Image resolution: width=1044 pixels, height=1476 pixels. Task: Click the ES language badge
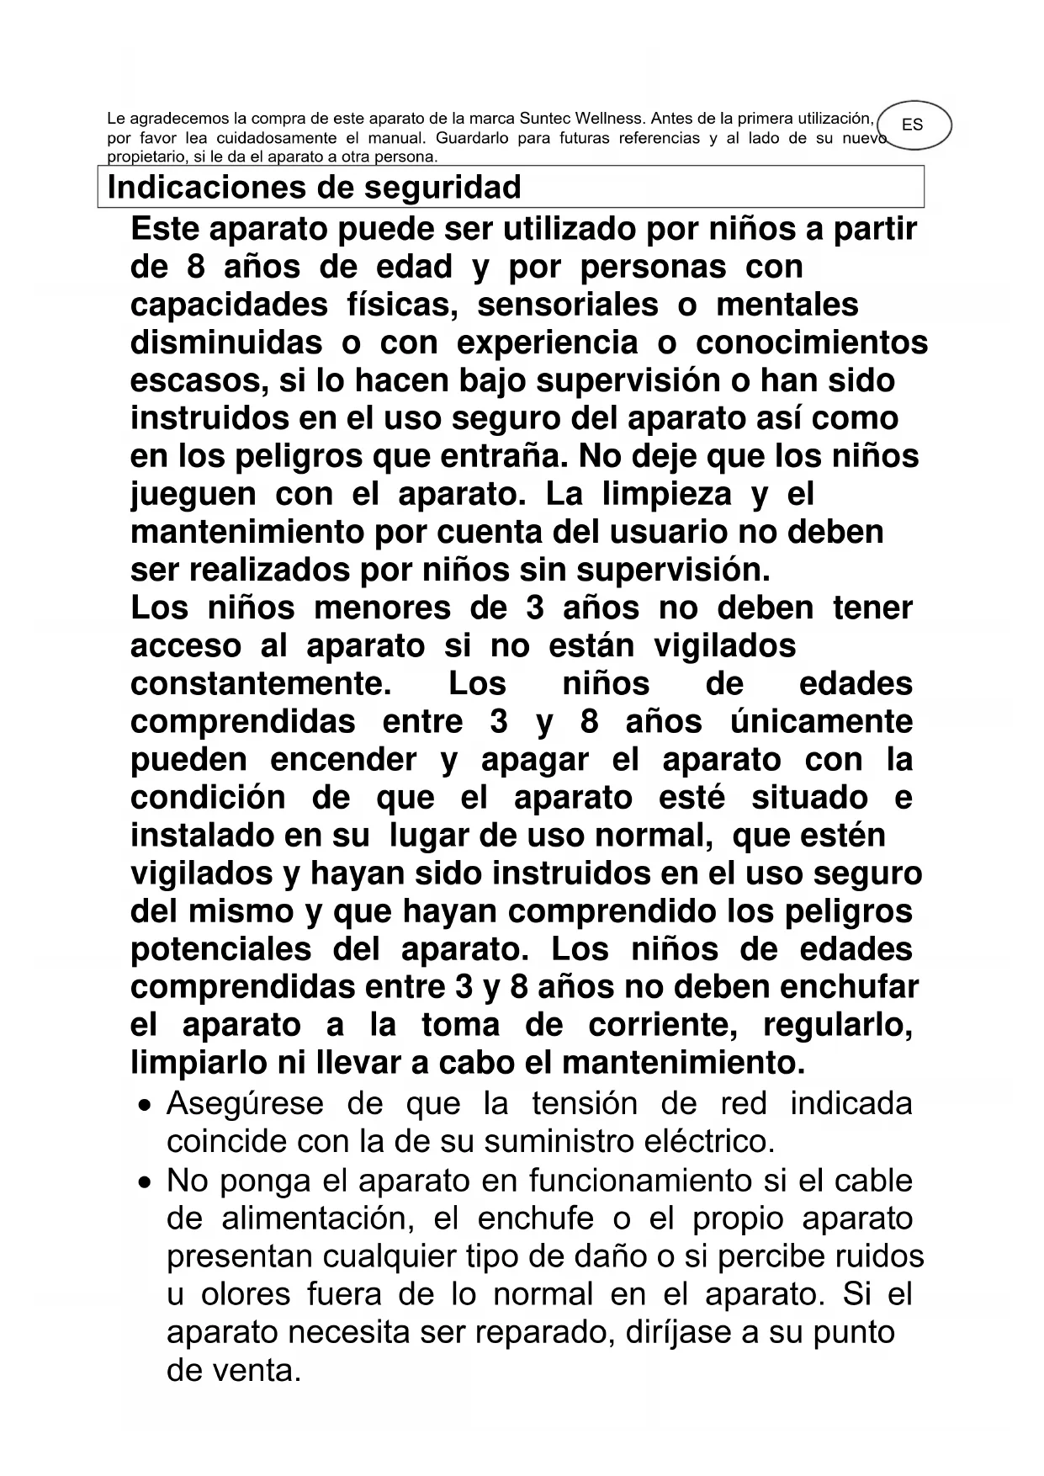coord(912,125)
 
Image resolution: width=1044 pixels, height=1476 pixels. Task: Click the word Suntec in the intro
coord(546,119)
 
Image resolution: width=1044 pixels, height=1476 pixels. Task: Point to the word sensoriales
coord(568,305)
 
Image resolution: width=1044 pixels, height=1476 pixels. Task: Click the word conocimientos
coord(812,342)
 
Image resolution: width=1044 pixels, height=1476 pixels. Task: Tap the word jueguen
coord(193,494)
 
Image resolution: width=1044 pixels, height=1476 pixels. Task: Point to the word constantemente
coord(261,683)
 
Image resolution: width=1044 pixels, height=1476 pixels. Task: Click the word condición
coord(208,797)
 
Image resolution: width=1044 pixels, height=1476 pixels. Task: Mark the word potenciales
coord(220,948)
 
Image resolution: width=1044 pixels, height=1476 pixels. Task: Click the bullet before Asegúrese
coord(146,1105)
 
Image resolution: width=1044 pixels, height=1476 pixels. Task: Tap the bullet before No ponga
coord(146,1182)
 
